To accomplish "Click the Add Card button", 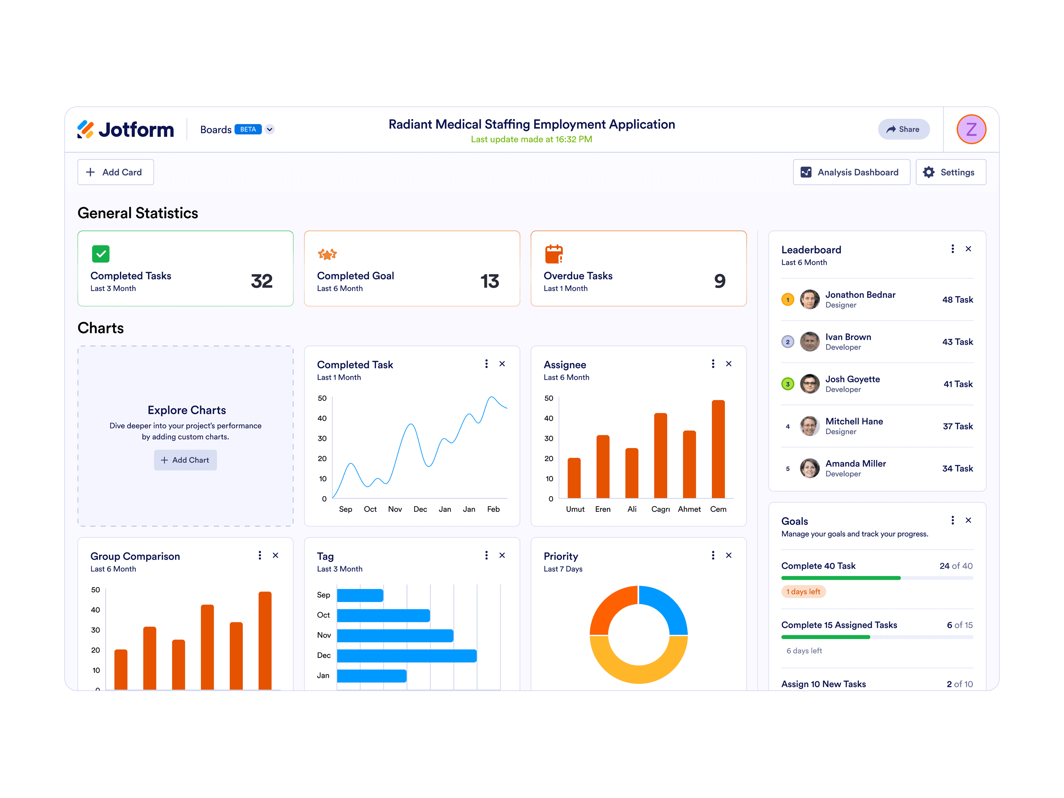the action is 115,172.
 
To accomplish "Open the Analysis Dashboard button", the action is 852,172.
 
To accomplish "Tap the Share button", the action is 903,129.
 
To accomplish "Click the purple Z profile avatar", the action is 971,129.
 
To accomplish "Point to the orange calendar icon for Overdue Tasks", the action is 554,254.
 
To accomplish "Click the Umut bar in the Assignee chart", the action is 574,478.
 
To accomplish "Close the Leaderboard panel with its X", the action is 968,249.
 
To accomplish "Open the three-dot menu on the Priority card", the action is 713,556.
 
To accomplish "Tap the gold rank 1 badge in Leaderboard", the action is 787,300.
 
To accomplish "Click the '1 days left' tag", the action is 803,592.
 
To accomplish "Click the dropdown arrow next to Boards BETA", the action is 270,129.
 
